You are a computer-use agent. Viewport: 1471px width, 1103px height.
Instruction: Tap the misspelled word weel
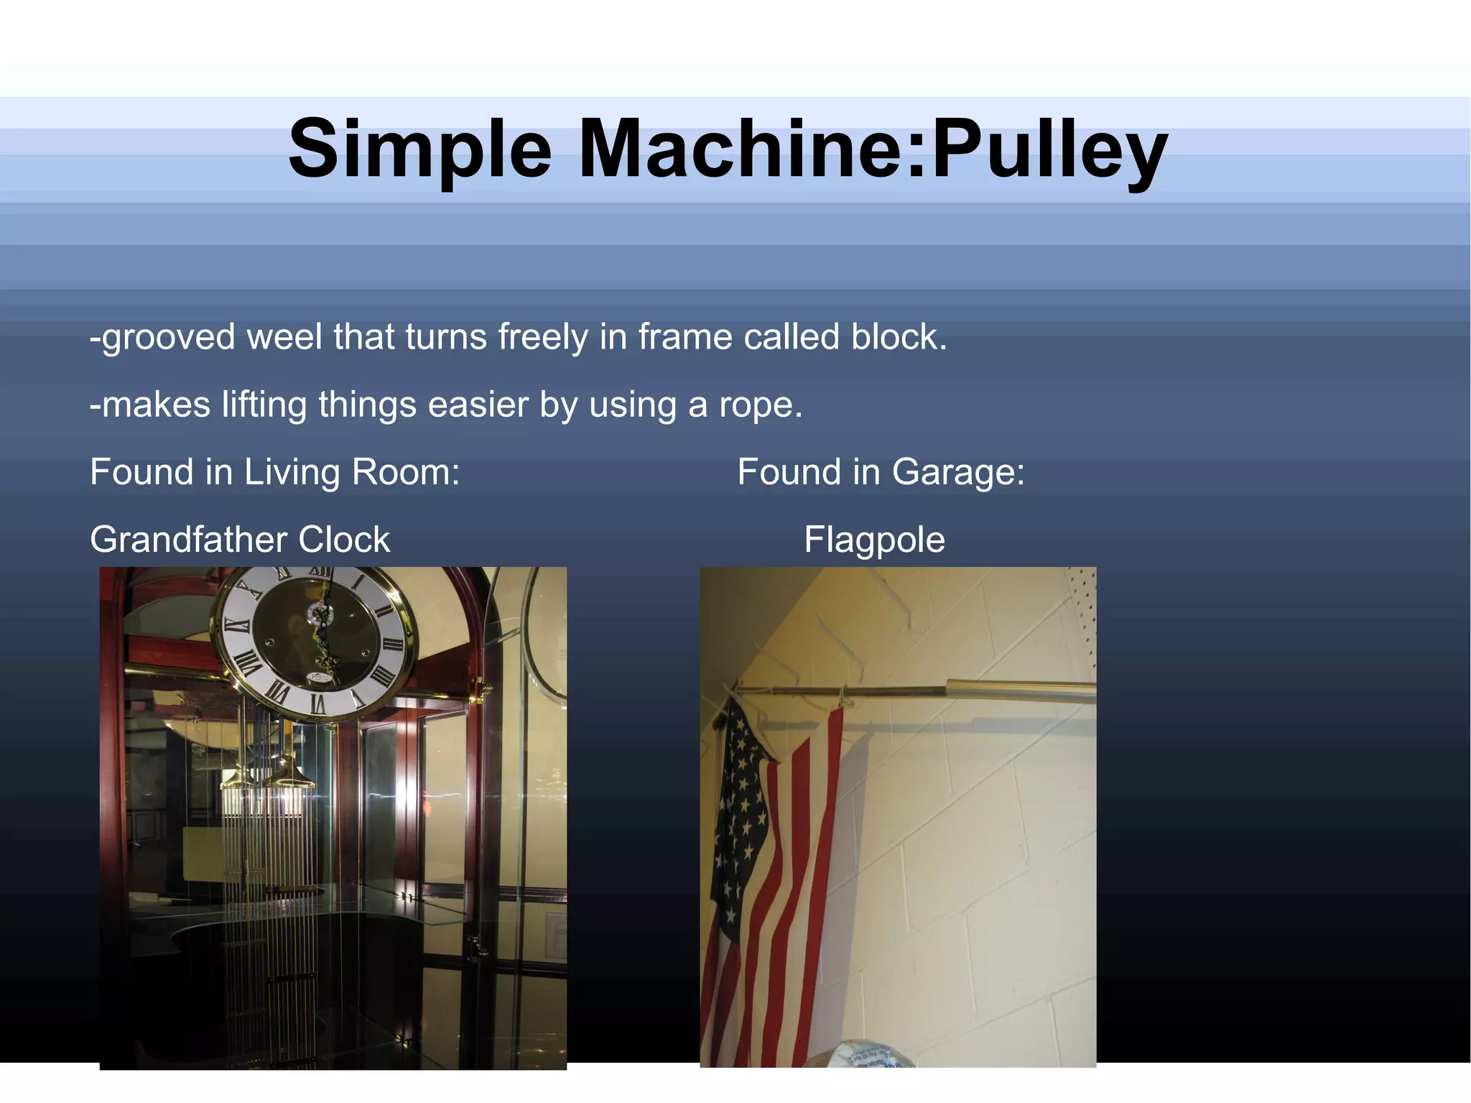(x=284, y=337)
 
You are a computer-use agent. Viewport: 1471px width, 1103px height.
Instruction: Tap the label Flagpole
(x=874, y=540)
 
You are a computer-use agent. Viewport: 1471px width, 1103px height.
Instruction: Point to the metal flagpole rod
(x=934, y=691)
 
